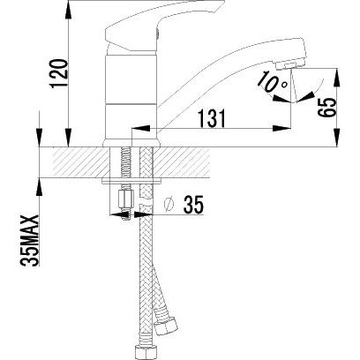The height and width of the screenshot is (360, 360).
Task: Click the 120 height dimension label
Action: (59, 73)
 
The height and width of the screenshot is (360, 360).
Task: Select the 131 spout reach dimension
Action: (212, 118)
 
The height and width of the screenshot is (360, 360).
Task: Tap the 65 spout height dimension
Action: (327, 108)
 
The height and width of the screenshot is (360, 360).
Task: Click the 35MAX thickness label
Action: (30, 241)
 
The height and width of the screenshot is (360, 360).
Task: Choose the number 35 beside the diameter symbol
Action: (193, 205)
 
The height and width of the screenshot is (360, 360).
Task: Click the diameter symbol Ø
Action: (169, 205)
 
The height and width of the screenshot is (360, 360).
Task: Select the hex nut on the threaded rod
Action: (125, 199)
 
